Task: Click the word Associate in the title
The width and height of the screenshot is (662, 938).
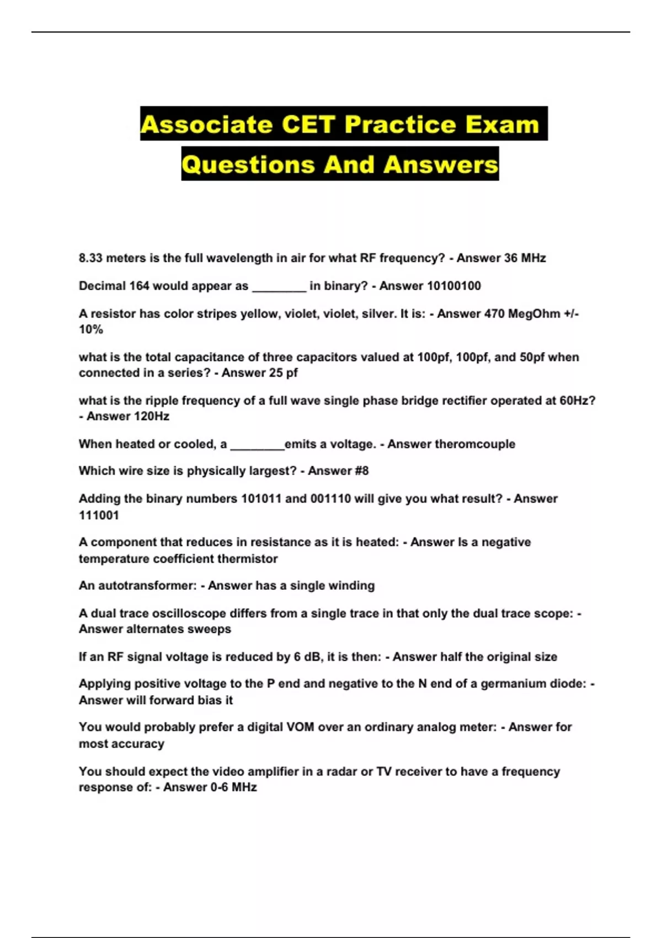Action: click(206, 124)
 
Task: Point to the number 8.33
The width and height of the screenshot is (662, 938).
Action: click(90, 258)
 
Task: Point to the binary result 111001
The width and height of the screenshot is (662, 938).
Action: click(99, 515)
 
